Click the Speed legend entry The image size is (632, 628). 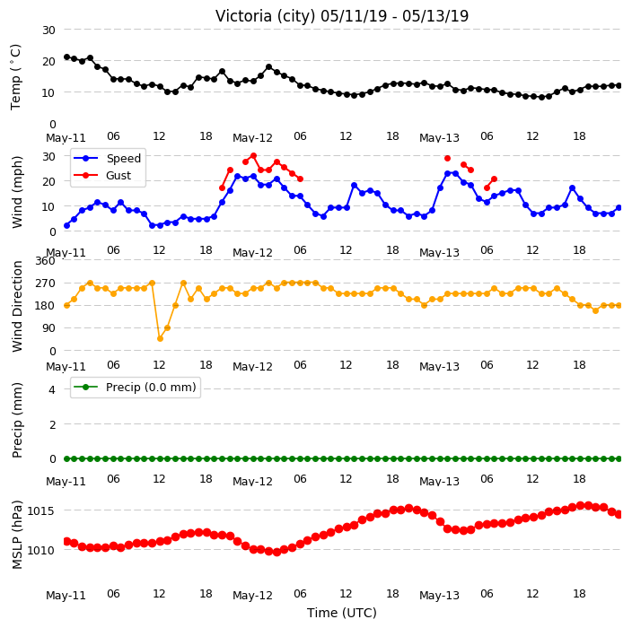pyautogui.click(x=107, y=158)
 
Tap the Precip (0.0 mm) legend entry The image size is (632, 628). pyautogui.click(x=135, y=387)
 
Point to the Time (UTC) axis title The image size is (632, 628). pyautogui.click(x=342, y=613)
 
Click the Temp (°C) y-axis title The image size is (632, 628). pyautogui.click(x=15, y=77)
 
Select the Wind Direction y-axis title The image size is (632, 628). pyautogui.click(x=16, y=306)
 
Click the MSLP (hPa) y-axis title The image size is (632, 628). pyautogui.click(x=16, y=535)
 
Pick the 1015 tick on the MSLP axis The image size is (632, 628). pyautogui.click(x=40, y=510)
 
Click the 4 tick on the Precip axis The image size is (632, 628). pyautogui.click(x=52, y=389)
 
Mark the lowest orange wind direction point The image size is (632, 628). pyautogui.click(x=160, y=339)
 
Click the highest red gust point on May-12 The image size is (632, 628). pyautogui.click(x=253, y=155)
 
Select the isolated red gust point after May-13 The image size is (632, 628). pyautogui.click(x=447, y=158)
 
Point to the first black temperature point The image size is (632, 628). pyautogui.click(x=67, y=57)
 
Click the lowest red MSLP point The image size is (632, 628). pyautogui.click(x=276, y=552)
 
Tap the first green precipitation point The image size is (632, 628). pyautogui.click(x=67, y=458)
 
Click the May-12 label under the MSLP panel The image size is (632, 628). pyautogui.click(x=253, y=596)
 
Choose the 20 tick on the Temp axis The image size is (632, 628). pyautogui.click(x=48, y=61)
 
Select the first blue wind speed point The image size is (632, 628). pyautogui.click(x=67, y=225)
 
